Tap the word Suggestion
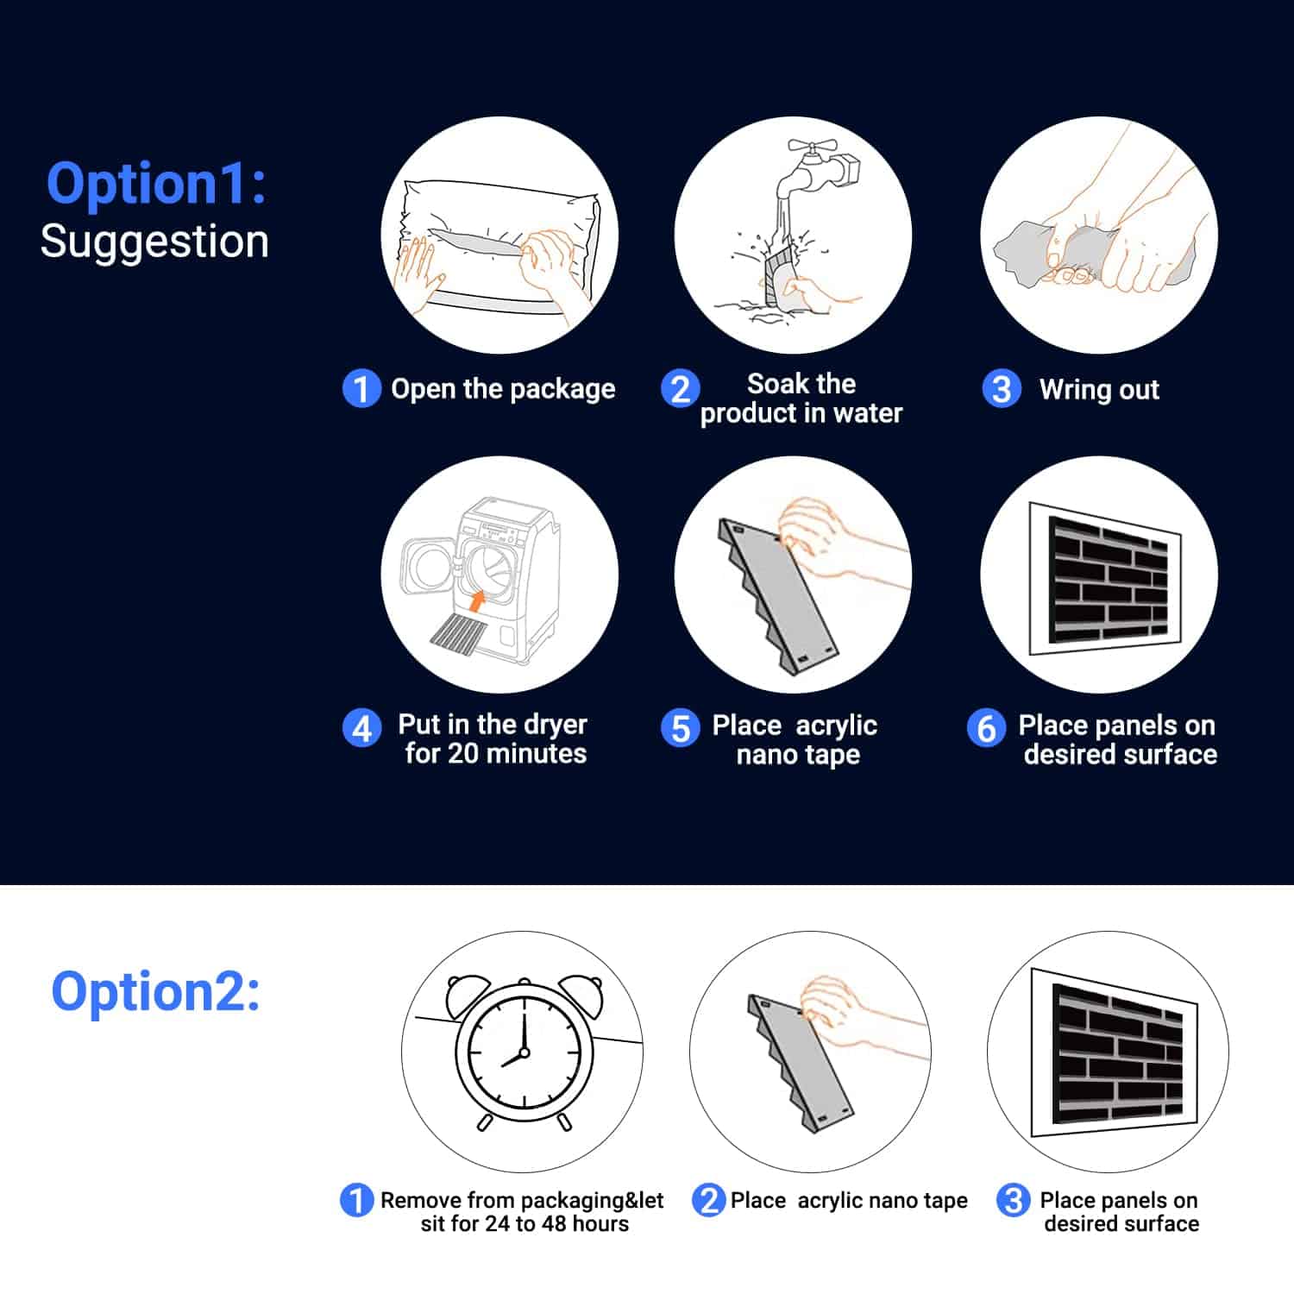click(x=154, y=242)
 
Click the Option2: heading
click(x=155, y=990)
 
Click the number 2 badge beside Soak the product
click(x=680, y=388)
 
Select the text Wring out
click(x=1099, y=390)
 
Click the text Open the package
click(x=503, y=389)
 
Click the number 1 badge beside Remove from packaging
click(x=356, y=1200)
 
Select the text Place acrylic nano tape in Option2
click(x=849, y=1201)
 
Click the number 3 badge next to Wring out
click(x=1002, y=388)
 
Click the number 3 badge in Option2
click(x=1013, y=1200)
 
